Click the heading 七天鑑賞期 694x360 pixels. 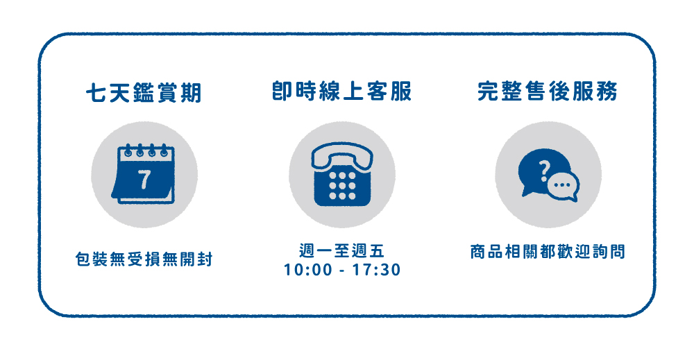tap(144, 93)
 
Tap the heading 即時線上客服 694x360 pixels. tap(341, 91)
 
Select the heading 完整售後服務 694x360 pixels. tap(548, 91)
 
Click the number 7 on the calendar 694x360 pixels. tap(144, 180)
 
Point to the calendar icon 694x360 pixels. tap(143, 174)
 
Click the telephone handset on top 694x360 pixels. tap(342, 155)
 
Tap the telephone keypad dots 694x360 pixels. tap(342, 186)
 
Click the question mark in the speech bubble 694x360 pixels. tap(545, 171)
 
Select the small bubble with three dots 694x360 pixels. tap(563, 186)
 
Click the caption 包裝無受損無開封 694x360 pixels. tap(144, 259)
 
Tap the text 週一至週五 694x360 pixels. tap(341, 251)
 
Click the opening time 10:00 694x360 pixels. tap(308, 270)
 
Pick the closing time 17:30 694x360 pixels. tap(377, 270)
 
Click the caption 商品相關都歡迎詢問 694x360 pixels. tap(548, 252)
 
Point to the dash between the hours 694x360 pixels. tap(342, 271)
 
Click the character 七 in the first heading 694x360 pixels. tap(96, 93)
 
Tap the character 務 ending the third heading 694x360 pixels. tap(607, 91)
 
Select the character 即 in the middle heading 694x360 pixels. tap(282, 91)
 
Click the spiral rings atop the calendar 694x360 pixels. tap(146, 151)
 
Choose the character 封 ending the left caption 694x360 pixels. tap(205, 259)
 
